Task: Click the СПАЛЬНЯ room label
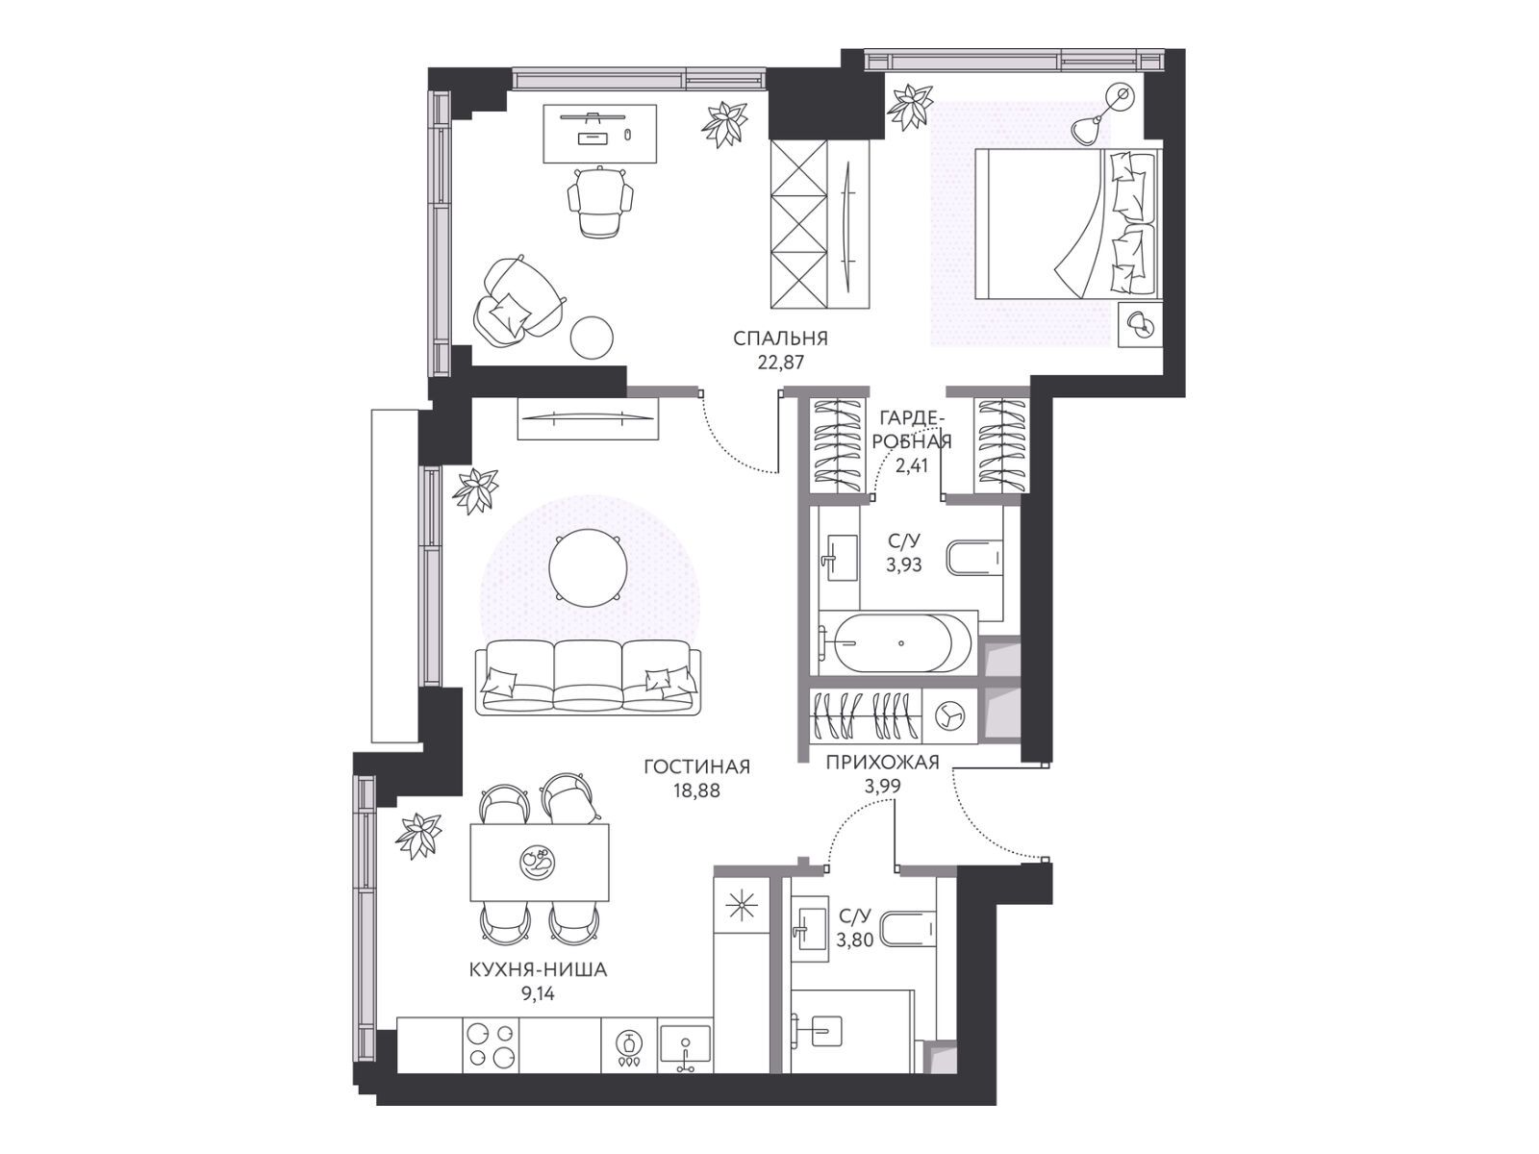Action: pyautogui.click(x=780, y=339)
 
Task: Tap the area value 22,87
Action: pyautogui.click(x=780, y=363)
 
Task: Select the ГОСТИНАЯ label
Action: pyautogui.click(x=697, y=766)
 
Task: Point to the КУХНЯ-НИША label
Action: pyautogui.click(x=538, y=970)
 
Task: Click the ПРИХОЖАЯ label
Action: pyautogui.click(x=882, y=763)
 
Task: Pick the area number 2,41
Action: pyautogui.click(x=912, y=465)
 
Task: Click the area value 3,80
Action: pyautogui.click(x=855, y=941)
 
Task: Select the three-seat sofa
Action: pyautogui.click(x=588, y=677)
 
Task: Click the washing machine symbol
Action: pyautogui.click(x=950, y=717)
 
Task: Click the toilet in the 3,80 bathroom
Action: pyautogui.click(x=910, y=928)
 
